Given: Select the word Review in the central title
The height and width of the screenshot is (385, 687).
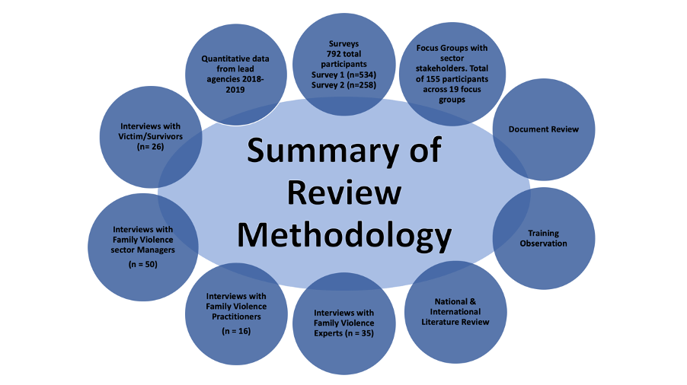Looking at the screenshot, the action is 344,192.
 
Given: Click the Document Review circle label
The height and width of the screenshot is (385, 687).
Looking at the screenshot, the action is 544,129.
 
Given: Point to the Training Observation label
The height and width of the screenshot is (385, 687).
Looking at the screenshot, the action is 543,238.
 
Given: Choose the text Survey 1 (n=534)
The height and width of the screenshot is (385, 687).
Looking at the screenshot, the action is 344,75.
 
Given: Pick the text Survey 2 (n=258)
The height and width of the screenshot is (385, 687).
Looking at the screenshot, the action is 344,85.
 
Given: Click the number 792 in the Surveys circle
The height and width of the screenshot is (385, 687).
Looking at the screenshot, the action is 334,54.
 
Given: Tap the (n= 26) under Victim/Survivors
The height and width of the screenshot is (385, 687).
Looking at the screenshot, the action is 150,147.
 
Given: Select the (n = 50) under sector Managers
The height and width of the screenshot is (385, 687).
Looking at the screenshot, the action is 143,264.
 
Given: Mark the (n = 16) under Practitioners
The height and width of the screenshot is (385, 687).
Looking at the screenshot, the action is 236,331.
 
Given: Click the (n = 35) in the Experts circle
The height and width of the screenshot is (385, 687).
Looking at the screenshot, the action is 359,333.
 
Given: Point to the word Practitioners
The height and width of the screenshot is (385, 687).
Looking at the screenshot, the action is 236,317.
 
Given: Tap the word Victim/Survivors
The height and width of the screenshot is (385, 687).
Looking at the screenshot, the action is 150,136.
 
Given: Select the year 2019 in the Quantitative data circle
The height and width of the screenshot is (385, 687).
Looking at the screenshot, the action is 235,90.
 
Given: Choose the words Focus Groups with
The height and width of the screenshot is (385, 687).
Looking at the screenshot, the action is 452,48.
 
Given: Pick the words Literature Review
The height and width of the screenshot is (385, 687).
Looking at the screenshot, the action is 455,322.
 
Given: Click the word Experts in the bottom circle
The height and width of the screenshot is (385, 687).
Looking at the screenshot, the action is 328,333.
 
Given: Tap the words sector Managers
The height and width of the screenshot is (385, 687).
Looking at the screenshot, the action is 143,250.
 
